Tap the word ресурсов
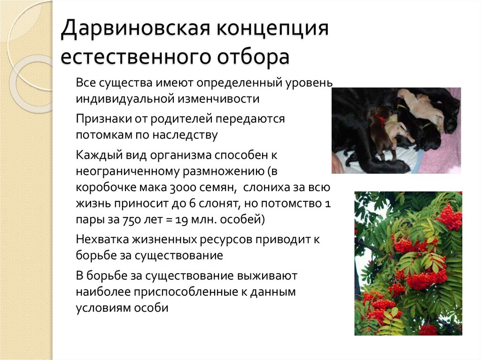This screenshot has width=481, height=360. click(x=225, y=239)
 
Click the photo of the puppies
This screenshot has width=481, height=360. click(x=396, y=130)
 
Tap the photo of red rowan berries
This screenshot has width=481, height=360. click(x=408, y=263)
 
